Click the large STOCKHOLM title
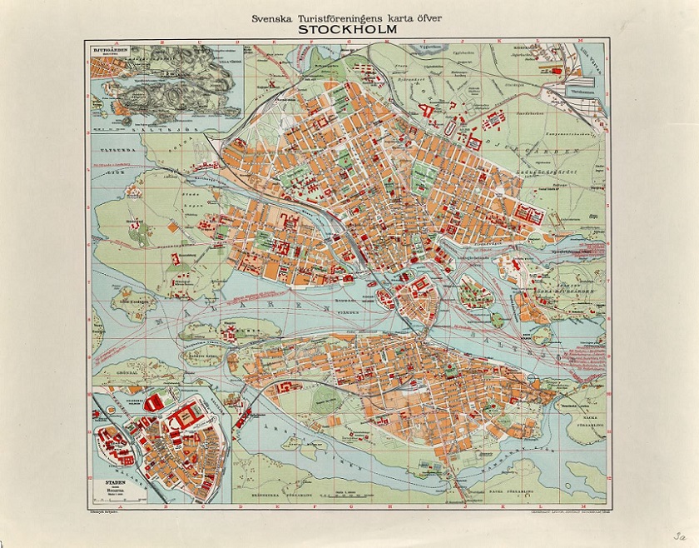click(349, 26)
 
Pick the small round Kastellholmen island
click(498, 317)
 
